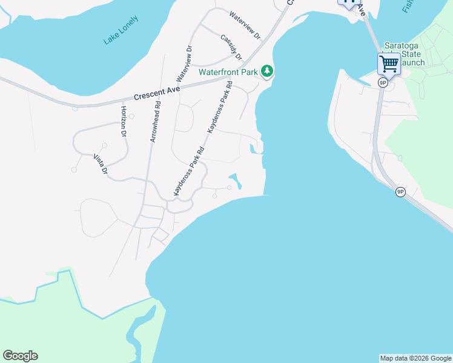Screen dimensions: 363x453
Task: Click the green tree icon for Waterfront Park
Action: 267,71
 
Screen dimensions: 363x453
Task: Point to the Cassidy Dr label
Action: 231,47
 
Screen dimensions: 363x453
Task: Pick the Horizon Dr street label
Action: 123,121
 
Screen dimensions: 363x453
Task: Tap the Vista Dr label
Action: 100,165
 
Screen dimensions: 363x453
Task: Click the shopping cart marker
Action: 388,63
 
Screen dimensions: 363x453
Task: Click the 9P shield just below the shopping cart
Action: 382,83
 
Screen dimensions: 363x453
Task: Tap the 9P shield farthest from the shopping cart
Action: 400,192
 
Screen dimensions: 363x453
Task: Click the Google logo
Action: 20,356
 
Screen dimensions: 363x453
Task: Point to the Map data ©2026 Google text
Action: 415,358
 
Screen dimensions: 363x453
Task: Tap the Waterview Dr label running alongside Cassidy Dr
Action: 245,24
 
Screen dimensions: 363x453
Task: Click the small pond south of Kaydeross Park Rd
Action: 235,180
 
